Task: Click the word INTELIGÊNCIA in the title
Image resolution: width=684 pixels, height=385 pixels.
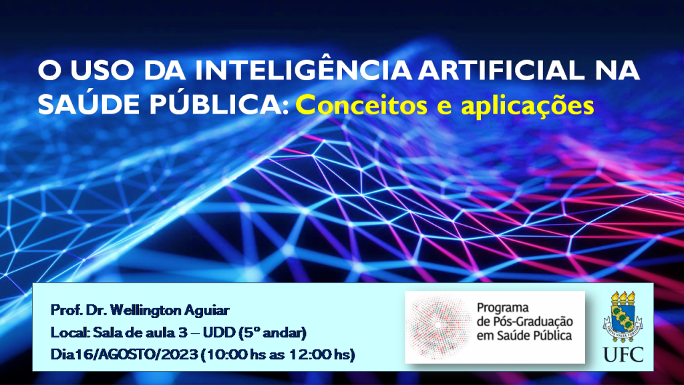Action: click(303, 69)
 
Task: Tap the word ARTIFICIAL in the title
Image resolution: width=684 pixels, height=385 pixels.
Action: click(501, 70)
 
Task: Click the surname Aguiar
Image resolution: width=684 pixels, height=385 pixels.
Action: click(207, 311)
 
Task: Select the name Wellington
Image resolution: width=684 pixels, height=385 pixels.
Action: click(146, 310)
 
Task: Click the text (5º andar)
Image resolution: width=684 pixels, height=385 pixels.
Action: click(273, 333)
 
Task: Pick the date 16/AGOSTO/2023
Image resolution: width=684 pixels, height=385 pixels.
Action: click(136, 354)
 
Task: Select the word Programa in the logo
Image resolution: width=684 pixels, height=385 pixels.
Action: click(502, 307)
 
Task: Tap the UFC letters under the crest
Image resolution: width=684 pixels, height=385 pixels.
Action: click(623, 354)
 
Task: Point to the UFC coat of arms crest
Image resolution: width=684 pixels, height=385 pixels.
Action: click(623, 316)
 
